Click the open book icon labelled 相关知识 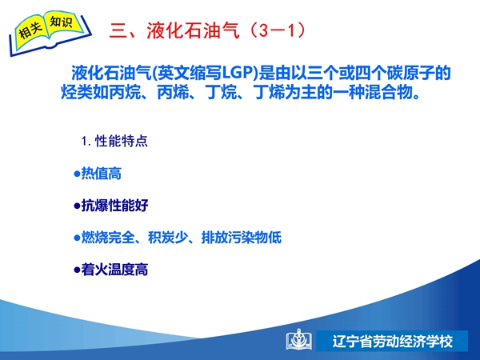pos(50,33)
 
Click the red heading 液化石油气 pos(193,30)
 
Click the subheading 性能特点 pos(122,141)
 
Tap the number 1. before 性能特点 pos(86,142)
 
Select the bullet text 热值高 pos(102,174)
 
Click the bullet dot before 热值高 pos(77,174)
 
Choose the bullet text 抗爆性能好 pos(114,206)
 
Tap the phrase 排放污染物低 pos(242,238)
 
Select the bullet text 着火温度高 pos(114,270)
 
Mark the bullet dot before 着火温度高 pos(77,270)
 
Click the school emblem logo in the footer pos(299,339)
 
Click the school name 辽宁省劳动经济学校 pos(393,342)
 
